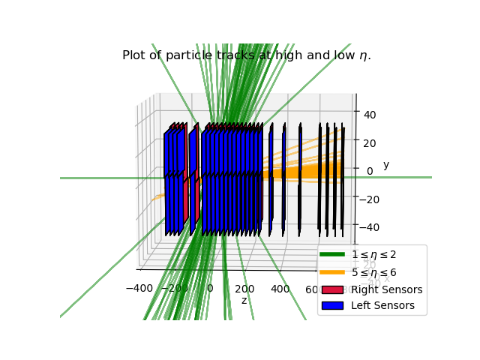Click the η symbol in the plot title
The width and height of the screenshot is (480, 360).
(x=364, y=56)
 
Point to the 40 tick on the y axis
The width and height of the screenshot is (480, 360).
(x=369, y=115)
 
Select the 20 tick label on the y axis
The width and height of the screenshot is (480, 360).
(x=369, y=142)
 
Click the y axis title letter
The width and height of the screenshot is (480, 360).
(x=386, y=165)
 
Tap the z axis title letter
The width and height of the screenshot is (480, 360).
(x=244, y=301)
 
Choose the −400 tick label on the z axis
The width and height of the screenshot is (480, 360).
(x=139, y=289)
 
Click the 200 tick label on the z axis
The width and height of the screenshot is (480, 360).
(x=244, y=289)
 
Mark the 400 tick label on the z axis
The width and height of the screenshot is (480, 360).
(x=280, y=289)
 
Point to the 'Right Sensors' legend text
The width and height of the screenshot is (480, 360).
(x=386, y=289)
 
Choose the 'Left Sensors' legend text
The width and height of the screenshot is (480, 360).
(x=382, y=305)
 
